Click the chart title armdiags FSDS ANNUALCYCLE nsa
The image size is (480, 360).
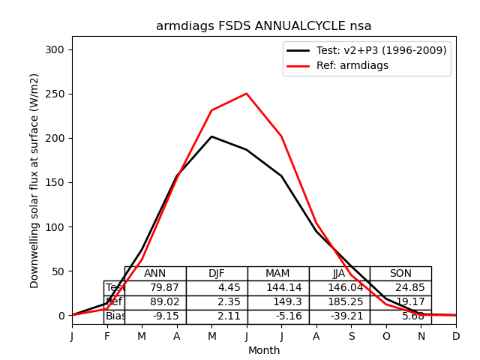tap(263, 26)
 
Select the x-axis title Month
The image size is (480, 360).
tap(264, 350)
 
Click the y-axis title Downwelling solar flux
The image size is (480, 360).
tap(34, 181)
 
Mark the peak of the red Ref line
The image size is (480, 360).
tap(247, 94)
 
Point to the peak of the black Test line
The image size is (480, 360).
tap(211, 136)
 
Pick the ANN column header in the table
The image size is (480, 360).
tap(155, 274)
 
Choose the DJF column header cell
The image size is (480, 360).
tap(217, 274)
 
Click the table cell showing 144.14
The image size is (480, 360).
tap(278, 288)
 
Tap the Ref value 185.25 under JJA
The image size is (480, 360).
tap(340, 302)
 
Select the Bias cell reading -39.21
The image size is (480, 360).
tap(340, 316)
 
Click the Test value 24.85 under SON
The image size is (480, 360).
tap(400, 288)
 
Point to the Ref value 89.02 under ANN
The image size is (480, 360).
tap(155, 302)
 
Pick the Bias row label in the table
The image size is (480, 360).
tap(115, 316)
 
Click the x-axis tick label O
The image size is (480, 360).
tap(386, 337)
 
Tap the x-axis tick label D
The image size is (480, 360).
tap(456, 337)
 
